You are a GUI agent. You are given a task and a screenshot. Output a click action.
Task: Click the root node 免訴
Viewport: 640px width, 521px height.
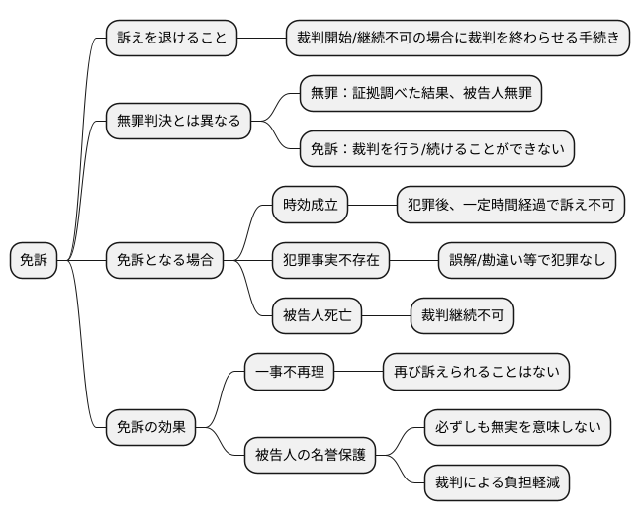(x=34, y=261)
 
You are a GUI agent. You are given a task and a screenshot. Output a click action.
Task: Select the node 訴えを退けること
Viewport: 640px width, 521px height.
(x=171, y=39)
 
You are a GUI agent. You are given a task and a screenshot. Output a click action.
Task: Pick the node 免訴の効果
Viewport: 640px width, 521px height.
(x=150, y=428)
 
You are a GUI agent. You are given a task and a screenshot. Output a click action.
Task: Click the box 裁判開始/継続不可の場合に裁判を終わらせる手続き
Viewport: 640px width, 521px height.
(x=458, y=39)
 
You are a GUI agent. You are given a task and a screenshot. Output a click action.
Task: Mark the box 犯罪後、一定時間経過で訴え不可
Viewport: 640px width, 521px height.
(x=510, y=206)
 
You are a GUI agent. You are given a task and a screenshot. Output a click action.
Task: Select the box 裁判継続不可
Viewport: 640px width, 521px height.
(x=462, y=316)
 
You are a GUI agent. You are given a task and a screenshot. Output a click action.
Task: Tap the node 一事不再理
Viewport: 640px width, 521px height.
(x=289, y=373)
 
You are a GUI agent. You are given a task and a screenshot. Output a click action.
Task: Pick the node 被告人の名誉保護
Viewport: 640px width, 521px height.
(x=310, y=456)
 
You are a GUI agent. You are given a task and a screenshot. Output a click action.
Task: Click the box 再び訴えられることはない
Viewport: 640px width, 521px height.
(x=476, y=373)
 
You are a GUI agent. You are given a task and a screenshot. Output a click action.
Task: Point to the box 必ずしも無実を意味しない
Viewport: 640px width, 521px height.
(x=516, y=428)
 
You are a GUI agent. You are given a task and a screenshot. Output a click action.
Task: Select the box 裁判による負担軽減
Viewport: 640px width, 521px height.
(x=496, y=483)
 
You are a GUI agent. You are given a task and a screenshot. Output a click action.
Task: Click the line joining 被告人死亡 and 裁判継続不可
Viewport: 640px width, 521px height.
(x=386, y=316)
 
